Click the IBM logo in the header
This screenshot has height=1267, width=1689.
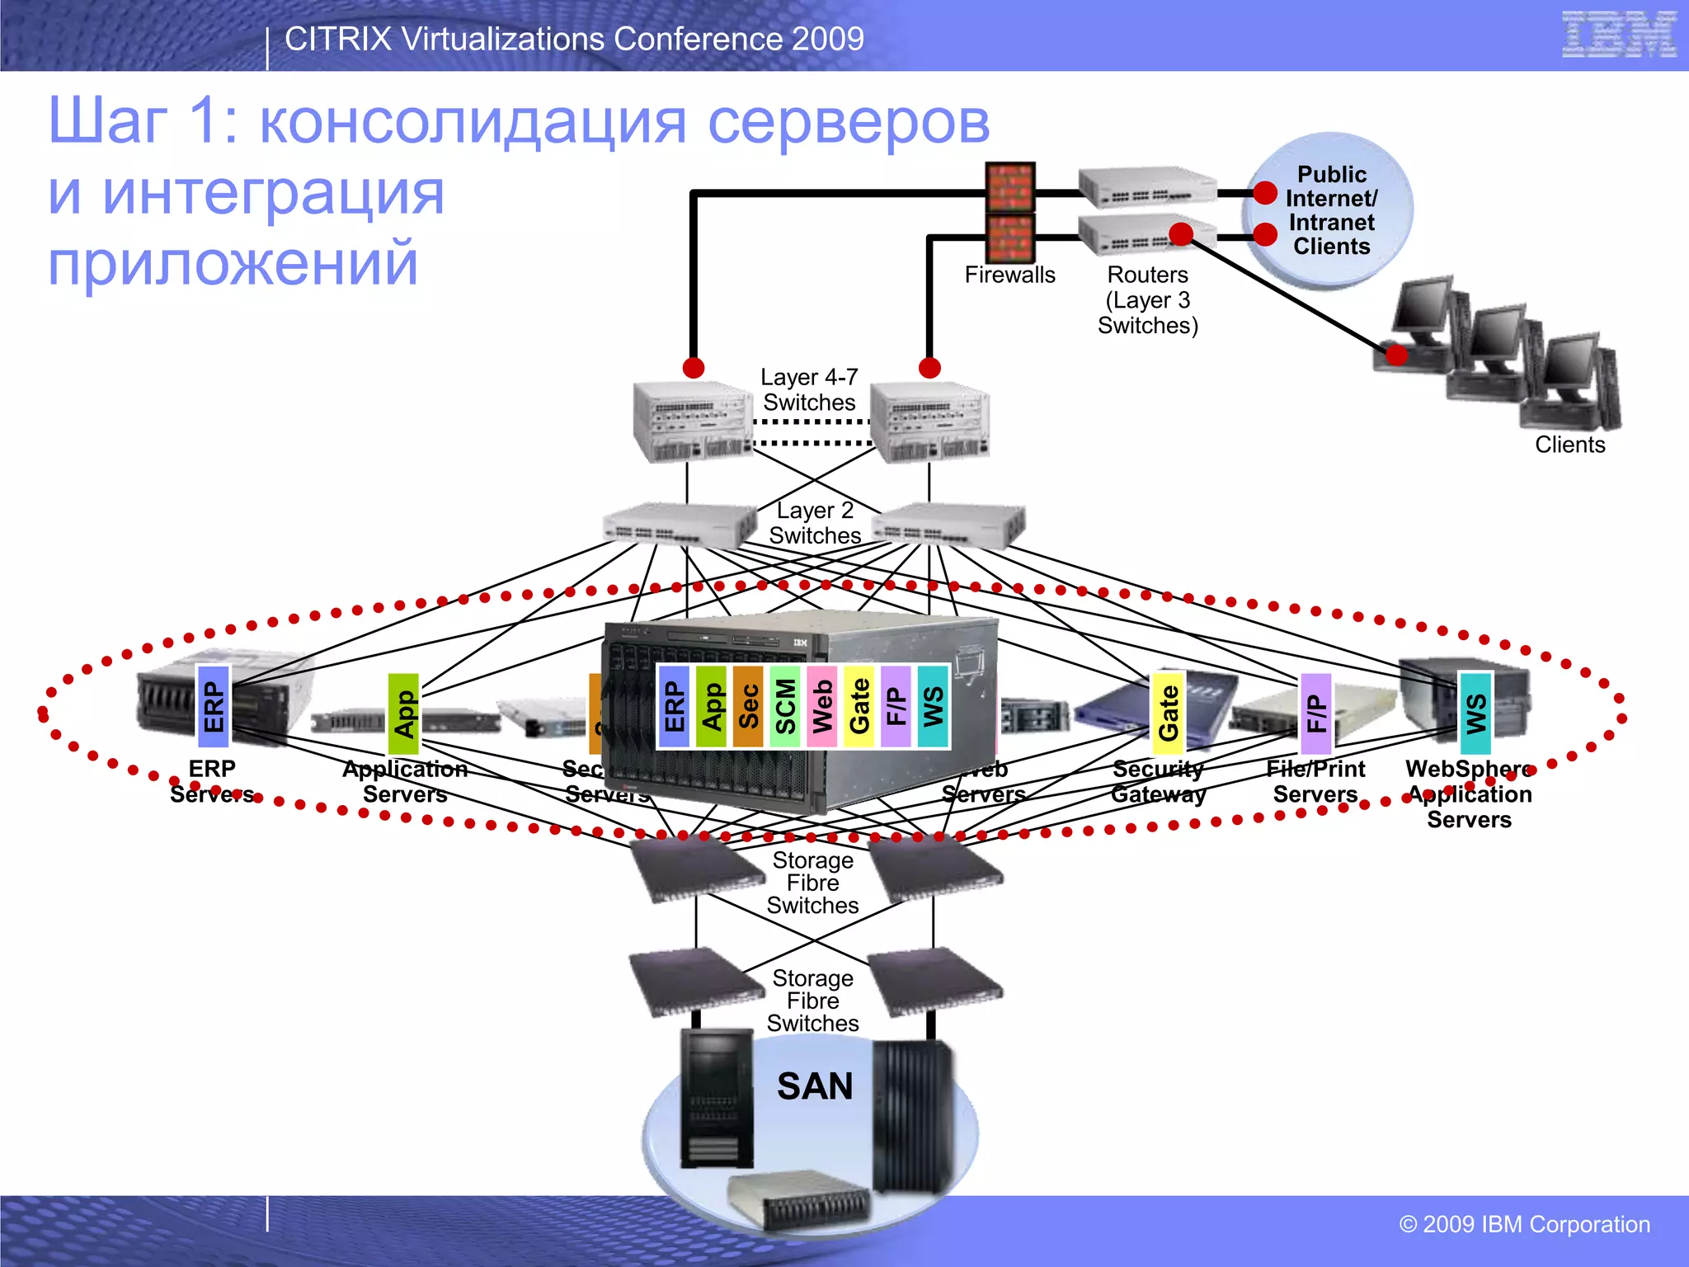[1618, 35]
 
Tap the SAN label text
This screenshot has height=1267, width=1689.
[814, 1086]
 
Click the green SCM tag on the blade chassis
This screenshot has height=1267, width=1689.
[785, 707]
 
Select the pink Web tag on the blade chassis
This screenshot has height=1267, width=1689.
[822, 707]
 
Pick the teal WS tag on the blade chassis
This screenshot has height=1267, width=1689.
[933, 707]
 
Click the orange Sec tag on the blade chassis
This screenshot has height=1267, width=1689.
[748, 707]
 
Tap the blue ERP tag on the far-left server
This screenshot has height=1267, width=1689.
[213, 707]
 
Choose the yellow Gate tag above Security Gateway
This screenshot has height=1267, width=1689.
[1168, 713]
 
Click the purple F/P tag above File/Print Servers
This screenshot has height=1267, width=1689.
[1315, 714]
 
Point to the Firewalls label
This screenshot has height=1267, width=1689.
[1009, 275]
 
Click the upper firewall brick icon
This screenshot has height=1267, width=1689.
[1010, 187]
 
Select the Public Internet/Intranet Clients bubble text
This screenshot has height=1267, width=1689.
[1331, 210]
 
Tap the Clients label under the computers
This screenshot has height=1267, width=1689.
[1569, 445]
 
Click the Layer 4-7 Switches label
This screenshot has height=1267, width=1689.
[809, 389]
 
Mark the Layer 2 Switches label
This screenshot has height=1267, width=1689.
[814, 523]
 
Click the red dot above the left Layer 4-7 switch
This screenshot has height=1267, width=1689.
[694, 368]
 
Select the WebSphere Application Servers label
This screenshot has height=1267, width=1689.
[1469, 794]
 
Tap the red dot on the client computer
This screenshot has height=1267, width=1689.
[1396, 355]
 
